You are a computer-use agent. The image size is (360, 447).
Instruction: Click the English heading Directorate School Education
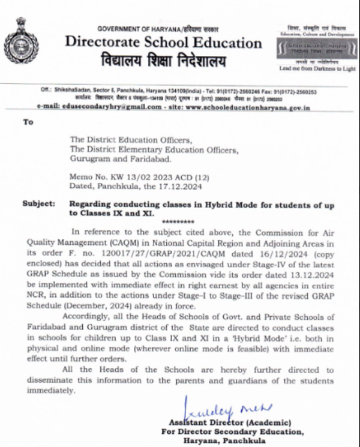pos(163,43)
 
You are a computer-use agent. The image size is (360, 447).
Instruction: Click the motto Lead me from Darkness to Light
pos(317,69)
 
